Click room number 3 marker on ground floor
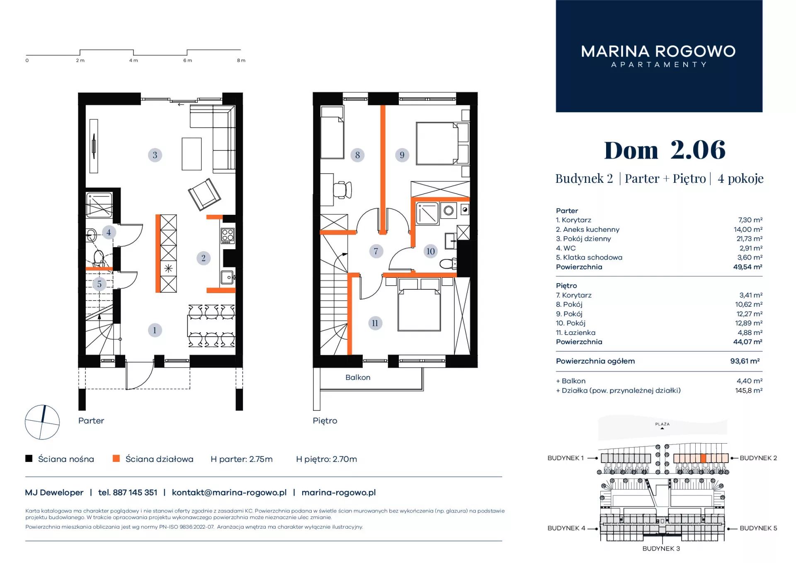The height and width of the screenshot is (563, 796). click(x=155, y=155)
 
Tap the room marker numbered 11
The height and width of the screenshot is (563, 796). click(x=375, y=323)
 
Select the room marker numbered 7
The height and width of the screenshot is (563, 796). click(x=376, y=251)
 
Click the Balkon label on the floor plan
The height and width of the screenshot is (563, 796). click(x=358, y=377)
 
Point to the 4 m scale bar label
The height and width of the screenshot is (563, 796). click(x=133, y=61)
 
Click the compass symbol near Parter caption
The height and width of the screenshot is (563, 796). click(x=42, y=422)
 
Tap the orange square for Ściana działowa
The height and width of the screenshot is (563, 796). click(x=116, y=458)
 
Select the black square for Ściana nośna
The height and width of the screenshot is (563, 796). click(x=29, y=458)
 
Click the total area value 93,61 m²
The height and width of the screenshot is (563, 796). click(x=745, y=361)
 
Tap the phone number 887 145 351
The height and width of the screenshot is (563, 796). click(x=135, y=493)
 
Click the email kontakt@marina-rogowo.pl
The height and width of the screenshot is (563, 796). click(x=229, y=493)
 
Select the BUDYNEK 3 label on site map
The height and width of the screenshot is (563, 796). click(x=661, y=548)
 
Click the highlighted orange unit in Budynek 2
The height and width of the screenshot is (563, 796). click(x=703, y=458)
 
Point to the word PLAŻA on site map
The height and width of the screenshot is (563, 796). click(x=663, y=424)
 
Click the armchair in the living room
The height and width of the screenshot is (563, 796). click(x=204, y=194)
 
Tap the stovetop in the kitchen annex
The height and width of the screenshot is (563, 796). click(x=228, y=235)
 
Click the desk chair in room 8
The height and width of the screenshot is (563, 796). click(x=342, y=190)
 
